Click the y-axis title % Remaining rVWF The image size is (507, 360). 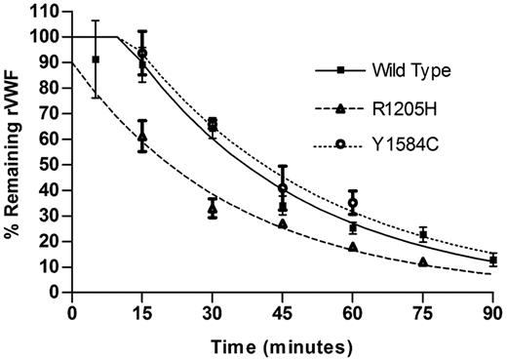coord(13,151)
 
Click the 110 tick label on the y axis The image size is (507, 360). coord(46,12)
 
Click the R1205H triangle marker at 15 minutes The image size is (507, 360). coord(142,137)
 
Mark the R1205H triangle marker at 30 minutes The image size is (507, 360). coord(213,208)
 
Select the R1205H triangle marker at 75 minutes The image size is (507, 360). coord(422,261)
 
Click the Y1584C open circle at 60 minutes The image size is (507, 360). coord(353,203)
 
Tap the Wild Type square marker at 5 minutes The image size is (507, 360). coord(96,60)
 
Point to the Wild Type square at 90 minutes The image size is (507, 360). coord(493,260)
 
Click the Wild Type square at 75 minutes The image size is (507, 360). coord(423,234)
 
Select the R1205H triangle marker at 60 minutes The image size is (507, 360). coord(352,247)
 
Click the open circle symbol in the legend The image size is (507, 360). coord(340,143)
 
